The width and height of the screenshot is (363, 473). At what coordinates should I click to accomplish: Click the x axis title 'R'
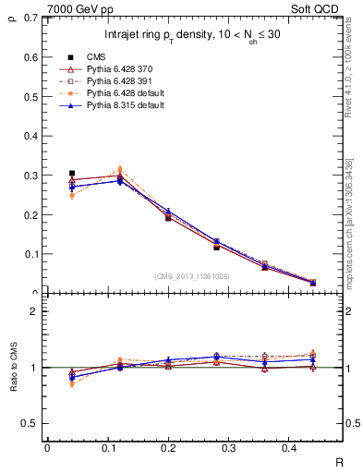pos(340,462)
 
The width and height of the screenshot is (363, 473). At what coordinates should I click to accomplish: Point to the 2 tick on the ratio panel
pos(32,311)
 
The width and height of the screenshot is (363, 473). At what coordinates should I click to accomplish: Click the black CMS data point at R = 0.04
pos(72,173)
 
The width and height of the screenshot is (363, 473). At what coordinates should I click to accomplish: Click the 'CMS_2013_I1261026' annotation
pos(193,276)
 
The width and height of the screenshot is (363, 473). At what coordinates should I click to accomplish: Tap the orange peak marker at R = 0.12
pos(119,170)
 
